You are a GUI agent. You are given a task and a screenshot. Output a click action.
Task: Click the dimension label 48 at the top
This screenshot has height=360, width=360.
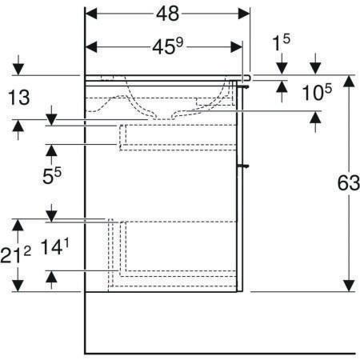pyautogui.click(x=167, y=14)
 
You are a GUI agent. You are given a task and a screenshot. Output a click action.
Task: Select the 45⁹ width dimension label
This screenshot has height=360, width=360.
pyautogui.click(x=168, y=46)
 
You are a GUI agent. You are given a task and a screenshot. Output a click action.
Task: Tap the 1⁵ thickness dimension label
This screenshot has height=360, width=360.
pyautogui.click(x=281, y=42)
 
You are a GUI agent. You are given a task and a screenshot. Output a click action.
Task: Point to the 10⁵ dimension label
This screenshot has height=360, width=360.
pyautogui.click(x=317, y=92)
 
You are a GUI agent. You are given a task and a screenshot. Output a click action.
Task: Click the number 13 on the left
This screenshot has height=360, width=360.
pyautogui.click(x=19, y=98)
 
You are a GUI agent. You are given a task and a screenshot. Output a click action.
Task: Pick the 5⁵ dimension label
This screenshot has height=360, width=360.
pyautogui.click(x=52, y=176)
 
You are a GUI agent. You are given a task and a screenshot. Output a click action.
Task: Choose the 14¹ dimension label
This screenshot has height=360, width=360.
pyautogui.click(x=54, y=246)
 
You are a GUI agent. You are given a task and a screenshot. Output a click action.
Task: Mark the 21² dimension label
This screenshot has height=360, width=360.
pyautogui.click(x=15, y=254)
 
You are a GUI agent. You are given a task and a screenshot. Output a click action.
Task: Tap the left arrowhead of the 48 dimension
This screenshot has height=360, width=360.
pyautogui.click(x=91, y=14)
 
